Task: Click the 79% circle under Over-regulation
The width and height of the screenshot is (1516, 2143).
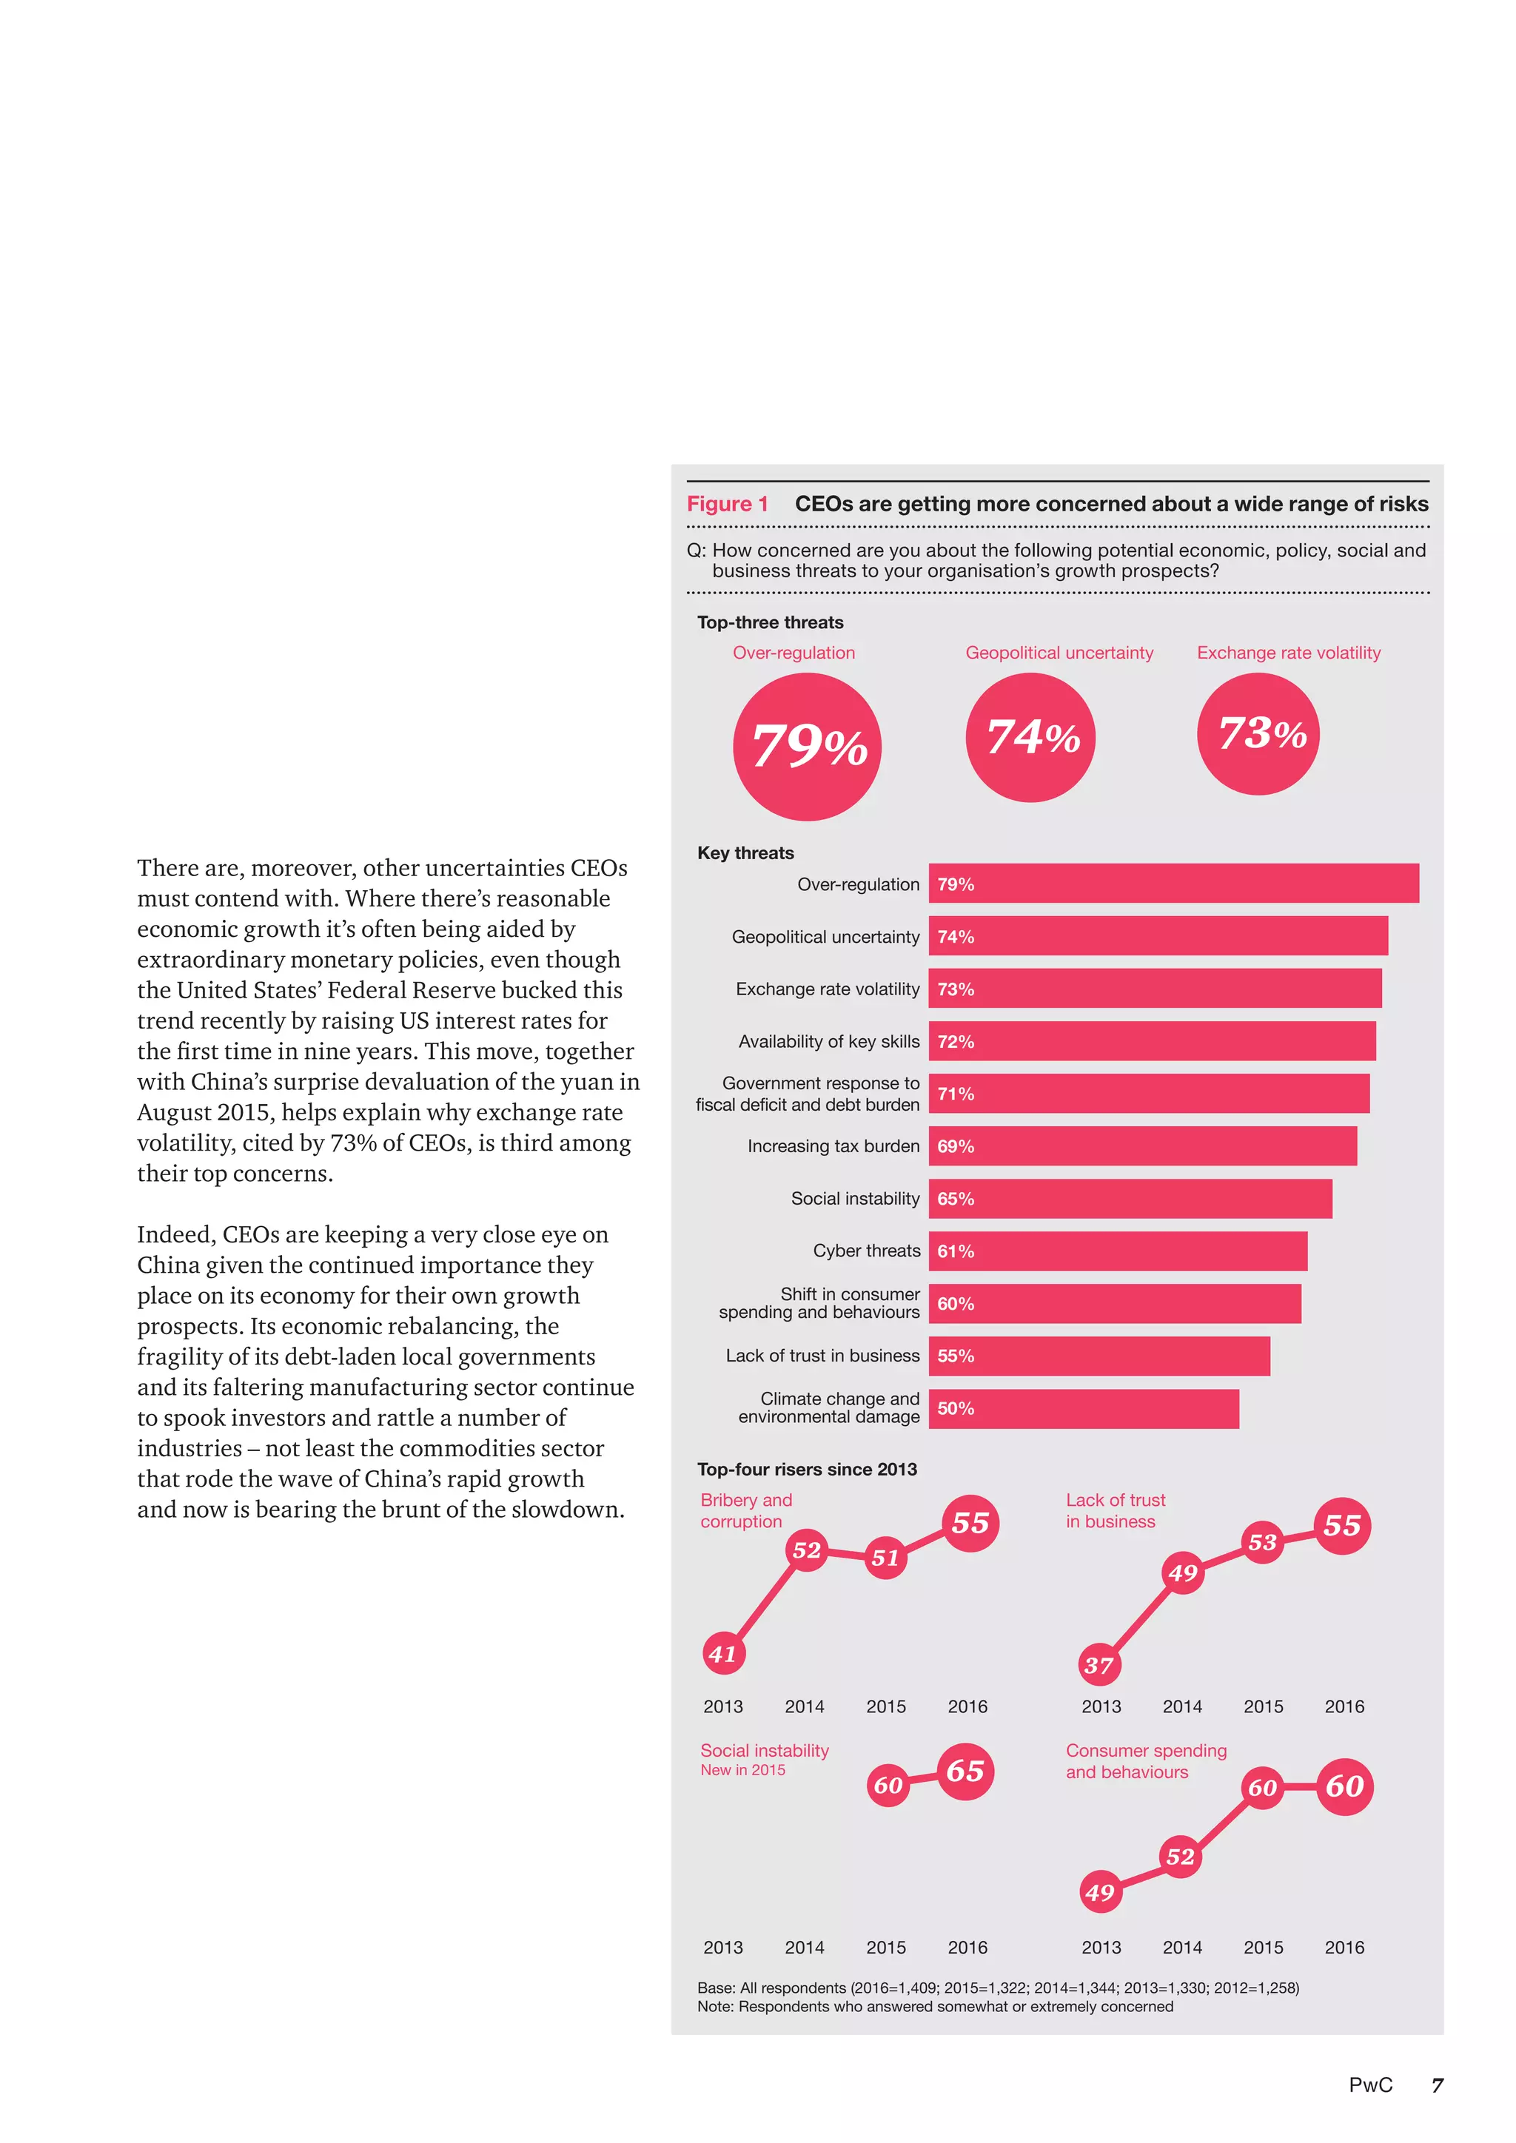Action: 808,747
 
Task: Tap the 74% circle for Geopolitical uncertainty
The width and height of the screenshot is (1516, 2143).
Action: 1030,737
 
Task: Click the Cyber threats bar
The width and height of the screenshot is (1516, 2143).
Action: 1118,1251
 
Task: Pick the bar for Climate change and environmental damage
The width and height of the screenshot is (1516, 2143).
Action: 1083,1408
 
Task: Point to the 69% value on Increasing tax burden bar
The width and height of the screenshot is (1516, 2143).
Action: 956,1146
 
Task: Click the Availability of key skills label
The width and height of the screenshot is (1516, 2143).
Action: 829,1042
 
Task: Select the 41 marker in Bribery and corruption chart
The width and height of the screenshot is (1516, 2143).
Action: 723,1654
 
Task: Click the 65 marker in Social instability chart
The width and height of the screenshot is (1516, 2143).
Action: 965,1771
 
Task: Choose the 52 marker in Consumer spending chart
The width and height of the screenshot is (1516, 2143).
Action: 1180,1857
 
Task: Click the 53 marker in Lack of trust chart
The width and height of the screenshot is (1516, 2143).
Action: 1262,1542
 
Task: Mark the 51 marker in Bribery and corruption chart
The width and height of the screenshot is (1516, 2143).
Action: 885,1557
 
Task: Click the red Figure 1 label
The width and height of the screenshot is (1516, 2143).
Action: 727,504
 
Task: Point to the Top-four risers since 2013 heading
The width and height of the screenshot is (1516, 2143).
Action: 807,1469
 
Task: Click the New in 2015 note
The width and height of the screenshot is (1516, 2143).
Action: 743,1769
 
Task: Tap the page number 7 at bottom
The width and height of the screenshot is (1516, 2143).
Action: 1438,2085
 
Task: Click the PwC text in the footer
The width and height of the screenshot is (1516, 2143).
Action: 1370,2085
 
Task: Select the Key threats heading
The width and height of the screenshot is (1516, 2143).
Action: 745,853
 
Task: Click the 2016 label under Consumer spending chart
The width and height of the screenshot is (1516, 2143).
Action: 1344,1947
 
